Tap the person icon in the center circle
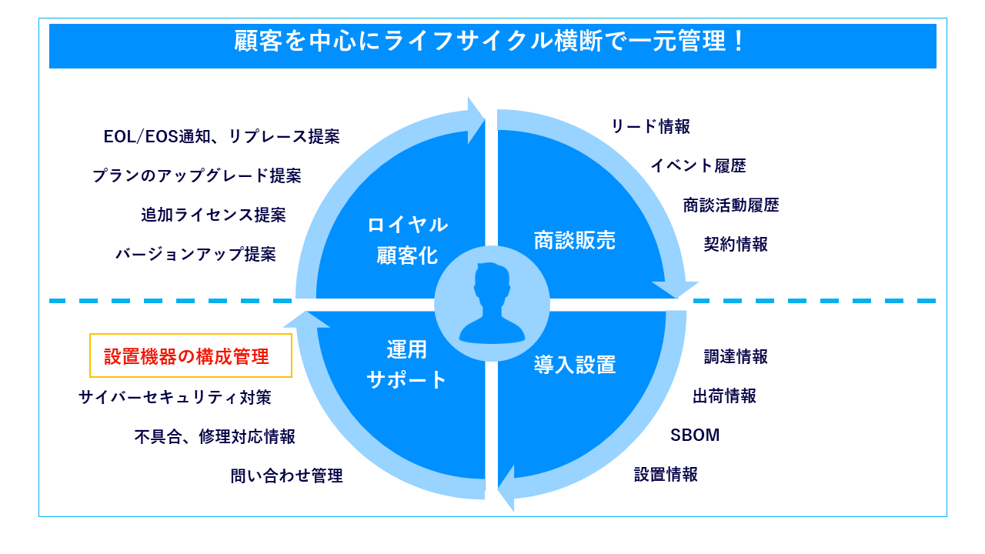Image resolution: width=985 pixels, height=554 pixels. (x=492, y=302)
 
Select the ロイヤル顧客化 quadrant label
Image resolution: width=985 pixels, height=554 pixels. (x=407, y=240)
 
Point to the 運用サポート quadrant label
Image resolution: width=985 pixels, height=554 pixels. (x=407, y=365)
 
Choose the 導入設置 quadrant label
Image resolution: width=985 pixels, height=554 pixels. (x=575, y=365)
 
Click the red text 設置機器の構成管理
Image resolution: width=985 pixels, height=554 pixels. (x=187, y=357)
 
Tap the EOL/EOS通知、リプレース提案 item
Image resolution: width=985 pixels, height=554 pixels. (x=222, y=137)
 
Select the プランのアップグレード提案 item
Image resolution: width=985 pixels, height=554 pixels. (x=197, y=176)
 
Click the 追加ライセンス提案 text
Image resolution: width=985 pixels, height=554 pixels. (x=213, y=215)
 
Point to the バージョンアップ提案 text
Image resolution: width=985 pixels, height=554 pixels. (x=195, y=255)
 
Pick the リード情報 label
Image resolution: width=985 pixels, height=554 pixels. (x=651, y=127)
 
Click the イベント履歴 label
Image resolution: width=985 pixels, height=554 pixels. (x=698, y=165)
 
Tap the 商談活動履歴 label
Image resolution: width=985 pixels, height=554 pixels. (x=731, y=205)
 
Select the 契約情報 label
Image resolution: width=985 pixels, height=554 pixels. (x=736, y=245)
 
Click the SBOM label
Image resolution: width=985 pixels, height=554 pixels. (x=695, y=436)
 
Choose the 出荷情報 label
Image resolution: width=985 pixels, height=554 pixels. (x=724, y=396)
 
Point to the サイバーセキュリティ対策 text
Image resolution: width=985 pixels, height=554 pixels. (x=175, y=398)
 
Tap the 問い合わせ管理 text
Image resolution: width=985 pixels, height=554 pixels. (x=286, y=476)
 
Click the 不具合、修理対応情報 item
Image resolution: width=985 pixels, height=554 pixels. (x=215, y=437)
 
